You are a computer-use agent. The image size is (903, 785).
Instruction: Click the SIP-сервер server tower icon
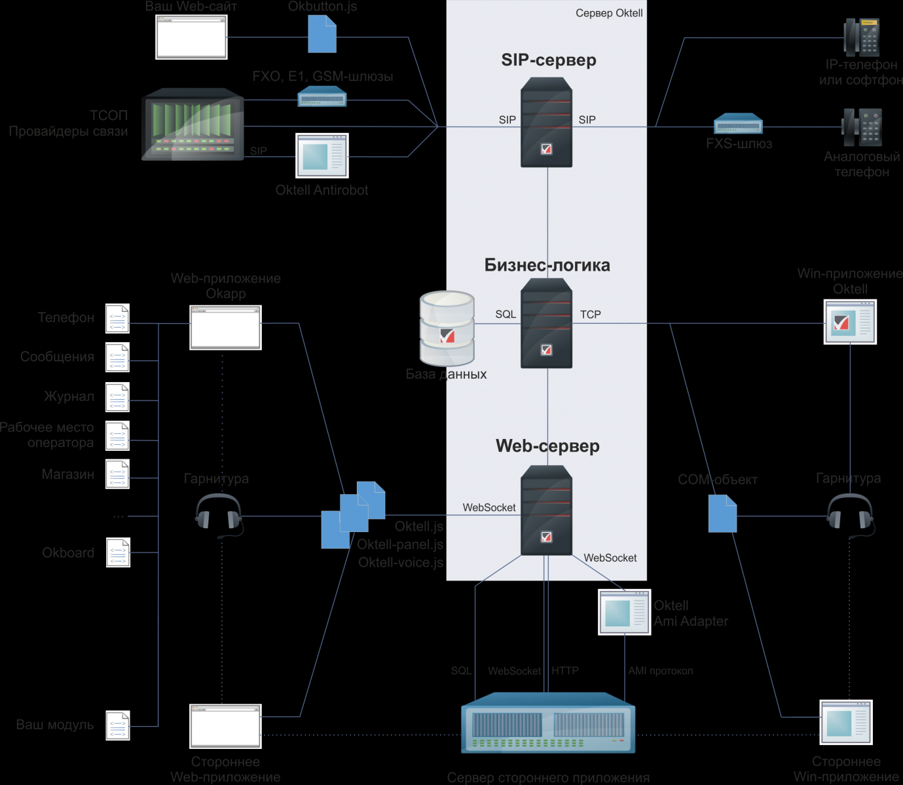(546, 123)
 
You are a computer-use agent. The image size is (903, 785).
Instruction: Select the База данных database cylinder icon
(447, 328)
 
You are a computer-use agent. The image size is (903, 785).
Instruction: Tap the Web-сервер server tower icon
(546, 510)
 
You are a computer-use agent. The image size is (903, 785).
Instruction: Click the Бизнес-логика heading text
(547, 265)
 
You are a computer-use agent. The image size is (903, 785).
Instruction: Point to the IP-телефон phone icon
(862, 37)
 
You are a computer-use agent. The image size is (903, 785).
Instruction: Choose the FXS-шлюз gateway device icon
(738, 124)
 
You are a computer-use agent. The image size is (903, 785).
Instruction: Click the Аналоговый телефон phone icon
(862, 127)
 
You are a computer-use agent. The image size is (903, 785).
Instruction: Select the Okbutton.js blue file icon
(322, 34)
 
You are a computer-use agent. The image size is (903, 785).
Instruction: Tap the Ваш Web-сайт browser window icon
(191, 37)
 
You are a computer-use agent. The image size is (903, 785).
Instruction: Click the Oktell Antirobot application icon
(322, 155)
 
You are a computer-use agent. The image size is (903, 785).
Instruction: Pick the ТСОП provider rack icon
(193, 124)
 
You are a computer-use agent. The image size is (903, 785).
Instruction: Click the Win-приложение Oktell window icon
(850, 322)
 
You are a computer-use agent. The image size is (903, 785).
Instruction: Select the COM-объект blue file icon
(722, 514)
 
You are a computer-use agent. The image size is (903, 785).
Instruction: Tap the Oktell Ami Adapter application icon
(625, 612)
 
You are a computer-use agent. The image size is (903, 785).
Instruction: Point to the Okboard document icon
(118, 552)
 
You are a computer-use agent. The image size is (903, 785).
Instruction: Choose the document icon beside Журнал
(118, 396)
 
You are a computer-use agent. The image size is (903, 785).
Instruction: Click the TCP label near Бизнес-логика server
(590, 315)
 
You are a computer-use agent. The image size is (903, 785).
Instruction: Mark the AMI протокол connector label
(660, 671)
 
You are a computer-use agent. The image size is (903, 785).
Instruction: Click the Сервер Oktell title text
(609, 13)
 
